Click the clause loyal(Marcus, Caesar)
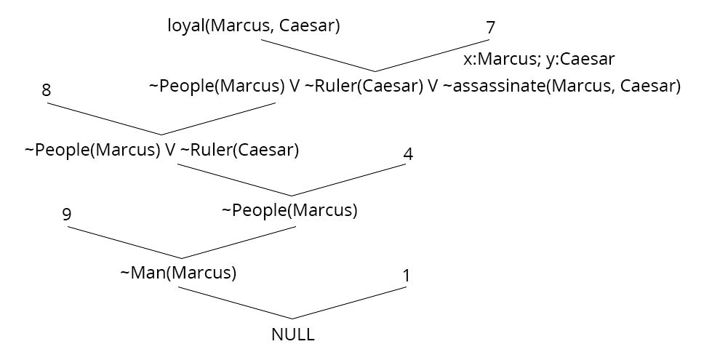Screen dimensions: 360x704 click(254, 26)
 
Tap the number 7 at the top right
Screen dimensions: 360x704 click(489, 28)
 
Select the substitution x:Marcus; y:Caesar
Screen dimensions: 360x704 click(540, 59)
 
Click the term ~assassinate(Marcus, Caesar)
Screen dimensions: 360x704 click(560, 87)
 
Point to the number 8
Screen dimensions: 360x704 click(47, 91)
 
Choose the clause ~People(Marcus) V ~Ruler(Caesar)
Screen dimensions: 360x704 click(162, 151)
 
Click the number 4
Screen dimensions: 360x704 click(408, 154)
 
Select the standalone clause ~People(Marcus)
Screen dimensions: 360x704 click(289, 211)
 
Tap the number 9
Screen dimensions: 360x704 click(67, 215)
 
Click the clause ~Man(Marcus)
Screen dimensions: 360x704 click(178, 273)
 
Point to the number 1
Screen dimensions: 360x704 click(407, 276)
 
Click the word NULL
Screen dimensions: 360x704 click(292, 335)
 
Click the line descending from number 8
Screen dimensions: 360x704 click(105, 119)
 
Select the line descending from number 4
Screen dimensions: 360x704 click(349, 180)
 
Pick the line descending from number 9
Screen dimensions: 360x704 click(124, 242)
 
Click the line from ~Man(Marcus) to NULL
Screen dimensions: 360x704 click(235, 303)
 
